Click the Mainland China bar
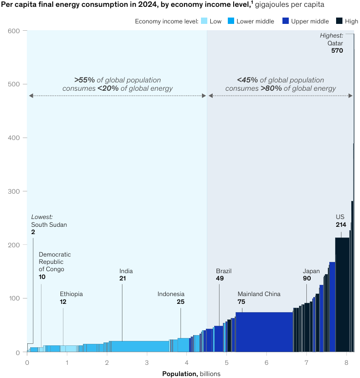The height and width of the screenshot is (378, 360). click(x=264, y=332)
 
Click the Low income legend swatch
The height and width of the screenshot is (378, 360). click(x=204, y=21)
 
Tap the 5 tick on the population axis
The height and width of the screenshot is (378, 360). click(x=226, y=363)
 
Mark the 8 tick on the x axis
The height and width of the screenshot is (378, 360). click(x=346, y=363)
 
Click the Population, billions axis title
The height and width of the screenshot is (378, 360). click(x=191, y=374)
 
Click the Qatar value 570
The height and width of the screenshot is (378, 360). click(x=337, y=50)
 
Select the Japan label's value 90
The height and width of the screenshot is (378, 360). click(x=307, y=279)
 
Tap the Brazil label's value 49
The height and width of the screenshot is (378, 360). click(x=220, y=278)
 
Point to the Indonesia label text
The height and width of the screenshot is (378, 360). click(x=171, y=294)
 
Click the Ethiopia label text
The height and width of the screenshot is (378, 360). click(x=71, y=294)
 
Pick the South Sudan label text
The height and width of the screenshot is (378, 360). click(x=49, y=225)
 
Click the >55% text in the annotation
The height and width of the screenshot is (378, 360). click(x=83, y=80)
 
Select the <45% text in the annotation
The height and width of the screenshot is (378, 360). click(x=246, y=80)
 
